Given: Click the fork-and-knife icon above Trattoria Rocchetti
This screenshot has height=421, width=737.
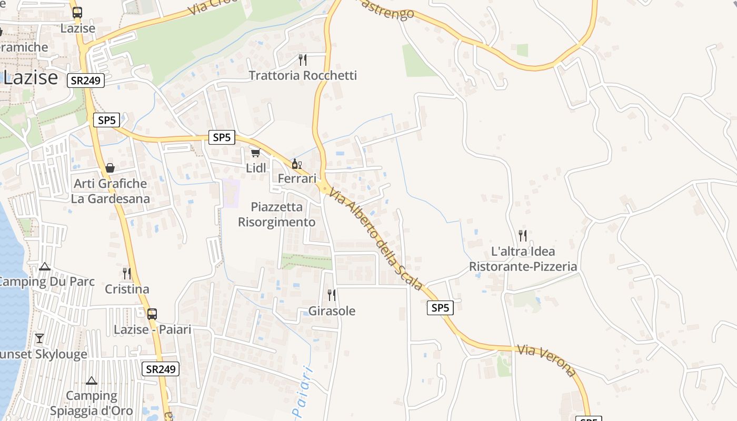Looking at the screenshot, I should (302, 59).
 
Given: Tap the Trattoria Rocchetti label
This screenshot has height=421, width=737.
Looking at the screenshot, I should (303, 75).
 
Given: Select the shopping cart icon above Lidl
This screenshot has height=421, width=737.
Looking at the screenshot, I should (255, 153).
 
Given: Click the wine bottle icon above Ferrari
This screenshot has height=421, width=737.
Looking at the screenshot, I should (296, 164).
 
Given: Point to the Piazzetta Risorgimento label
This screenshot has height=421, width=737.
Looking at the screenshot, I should (277, 214).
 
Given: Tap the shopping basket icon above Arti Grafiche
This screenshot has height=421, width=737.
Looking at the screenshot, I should (110, 168).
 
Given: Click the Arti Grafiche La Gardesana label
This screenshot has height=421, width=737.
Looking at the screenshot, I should (111, 191).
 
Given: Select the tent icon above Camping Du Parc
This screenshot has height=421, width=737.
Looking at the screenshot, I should (45, 266).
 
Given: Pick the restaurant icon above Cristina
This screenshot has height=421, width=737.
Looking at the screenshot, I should (127, 274).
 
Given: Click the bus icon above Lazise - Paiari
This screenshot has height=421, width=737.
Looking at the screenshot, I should (152, 314).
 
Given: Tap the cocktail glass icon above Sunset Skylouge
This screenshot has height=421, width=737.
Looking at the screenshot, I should (39, 338).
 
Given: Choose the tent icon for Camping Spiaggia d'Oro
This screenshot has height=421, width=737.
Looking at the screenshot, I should (92, 380).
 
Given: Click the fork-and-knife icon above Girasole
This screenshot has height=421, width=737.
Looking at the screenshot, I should (332, 295).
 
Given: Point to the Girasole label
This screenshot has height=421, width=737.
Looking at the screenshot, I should (332, 311).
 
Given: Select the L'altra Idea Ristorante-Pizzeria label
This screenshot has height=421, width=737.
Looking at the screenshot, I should (523, 258).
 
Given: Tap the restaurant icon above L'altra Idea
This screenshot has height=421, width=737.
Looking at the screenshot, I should (523, 235).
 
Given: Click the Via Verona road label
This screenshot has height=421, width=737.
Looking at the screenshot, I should (547, 360).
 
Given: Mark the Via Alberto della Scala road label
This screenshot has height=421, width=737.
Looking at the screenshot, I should (376, 239).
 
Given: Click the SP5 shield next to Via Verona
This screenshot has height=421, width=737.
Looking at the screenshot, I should (440, 308).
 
